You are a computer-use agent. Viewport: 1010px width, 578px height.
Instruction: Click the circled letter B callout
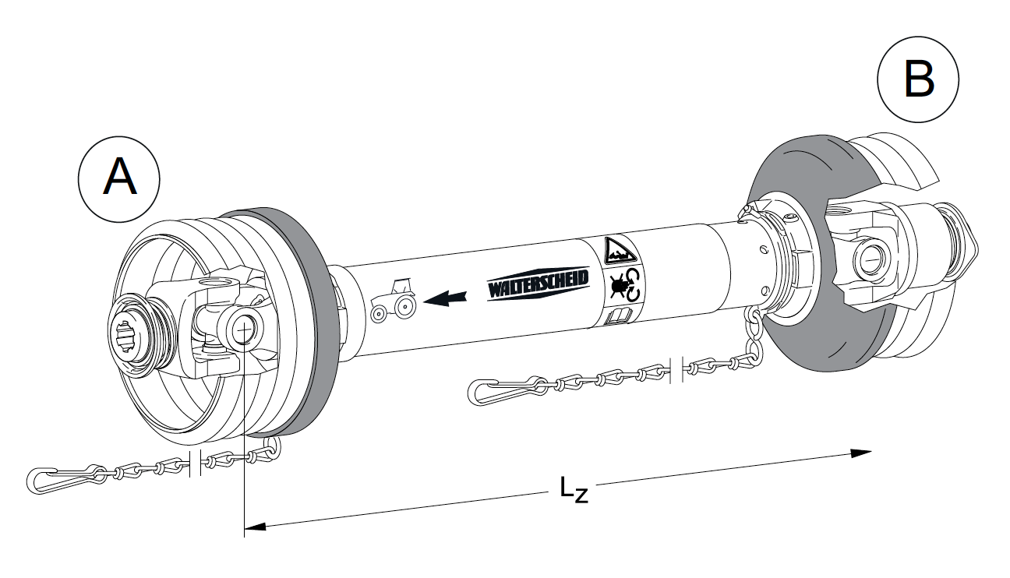(918, 81)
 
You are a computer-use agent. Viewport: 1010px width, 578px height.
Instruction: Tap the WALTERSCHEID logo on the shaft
(538, 285)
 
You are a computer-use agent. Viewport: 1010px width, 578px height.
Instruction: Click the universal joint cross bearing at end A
(241, 328)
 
